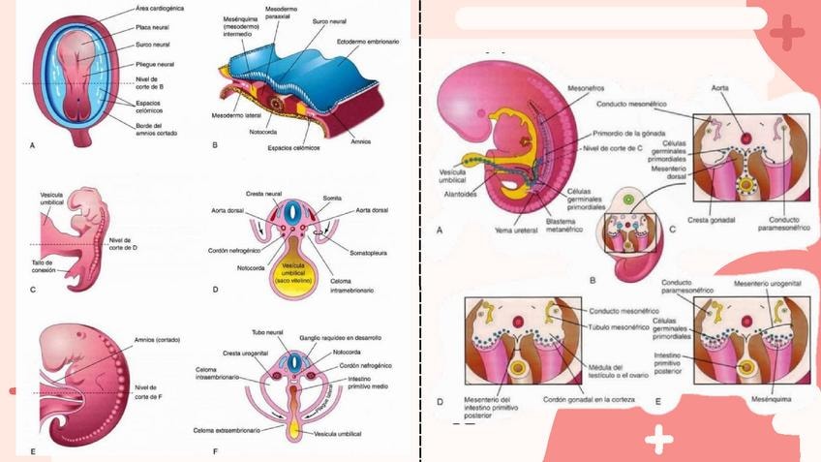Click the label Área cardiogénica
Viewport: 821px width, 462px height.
coord(161,9)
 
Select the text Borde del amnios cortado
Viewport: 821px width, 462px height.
coord(158,119)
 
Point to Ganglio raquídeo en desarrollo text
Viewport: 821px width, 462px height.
coord(344,337)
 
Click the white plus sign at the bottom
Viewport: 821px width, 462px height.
coord(659,441)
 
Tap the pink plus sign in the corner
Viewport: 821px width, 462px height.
coord(789,32)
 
